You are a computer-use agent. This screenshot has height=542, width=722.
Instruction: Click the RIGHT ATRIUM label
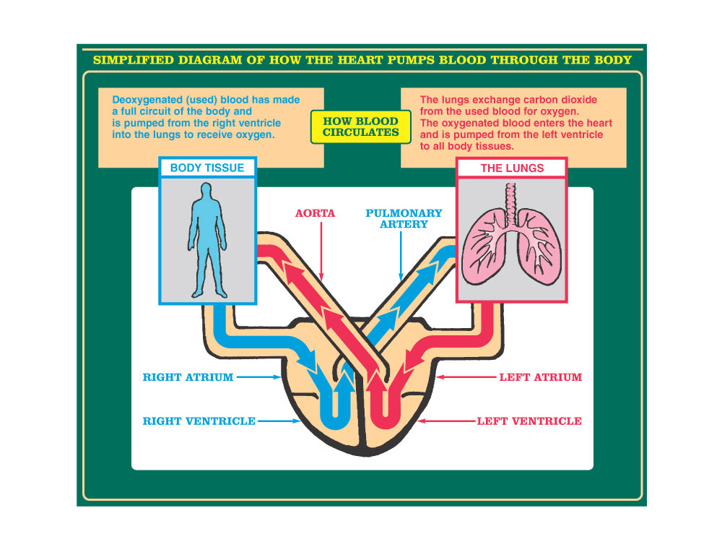(x=188, y=377)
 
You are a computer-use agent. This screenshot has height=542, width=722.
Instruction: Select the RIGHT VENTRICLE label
(x=199, y=421)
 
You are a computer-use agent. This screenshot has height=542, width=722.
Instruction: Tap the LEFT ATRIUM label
(x=540, y=377)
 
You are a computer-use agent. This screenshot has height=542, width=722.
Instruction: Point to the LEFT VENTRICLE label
(x=529, y=421)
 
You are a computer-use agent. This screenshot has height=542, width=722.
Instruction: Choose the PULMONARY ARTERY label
(x=404, y=219)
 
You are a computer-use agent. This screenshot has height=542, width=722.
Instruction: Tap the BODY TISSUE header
(x=207, y=168)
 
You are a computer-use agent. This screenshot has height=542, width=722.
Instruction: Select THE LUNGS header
(x=512, y=168)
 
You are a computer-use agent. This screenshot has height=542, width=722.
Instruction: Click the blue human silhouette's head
(x=207, y=192)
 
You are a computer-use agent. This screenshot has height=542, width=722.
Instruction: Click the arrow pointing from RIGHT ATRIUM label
(x=258, y=377)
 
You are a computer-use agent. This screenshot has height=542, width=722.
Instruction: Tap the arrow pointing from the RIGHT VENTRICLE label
(x=280, y=421)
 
